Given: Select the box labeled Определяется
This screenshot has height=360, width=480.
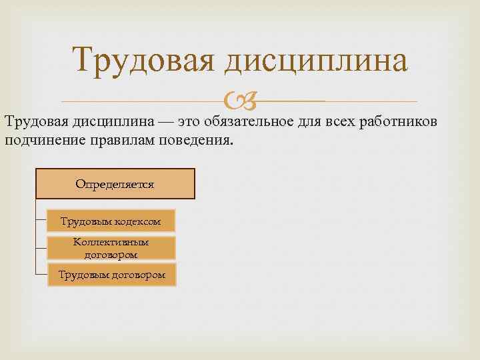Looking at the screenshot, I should tap(115, 184).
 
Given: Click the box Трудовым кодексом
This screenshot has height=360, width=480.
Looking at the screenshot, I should tap(111, 221).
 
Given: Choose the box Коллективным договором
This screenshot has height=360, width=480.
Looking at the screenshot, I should tap(111, 248).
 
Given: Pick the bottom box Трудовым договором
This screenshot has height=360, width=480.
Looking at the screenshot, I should tap(111, 274).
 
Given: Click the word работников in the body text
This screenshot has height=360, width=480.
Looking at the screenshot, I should tap(398, 123).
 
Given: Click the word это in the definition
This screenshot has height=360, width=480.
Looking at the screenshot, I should tap(191, 123).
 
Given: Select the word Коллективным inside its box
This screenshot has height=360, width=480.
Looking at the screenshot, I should tap(111, 242).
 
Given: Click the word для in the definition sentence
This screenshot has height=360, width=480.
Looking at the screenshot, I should tap(311, 123).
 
